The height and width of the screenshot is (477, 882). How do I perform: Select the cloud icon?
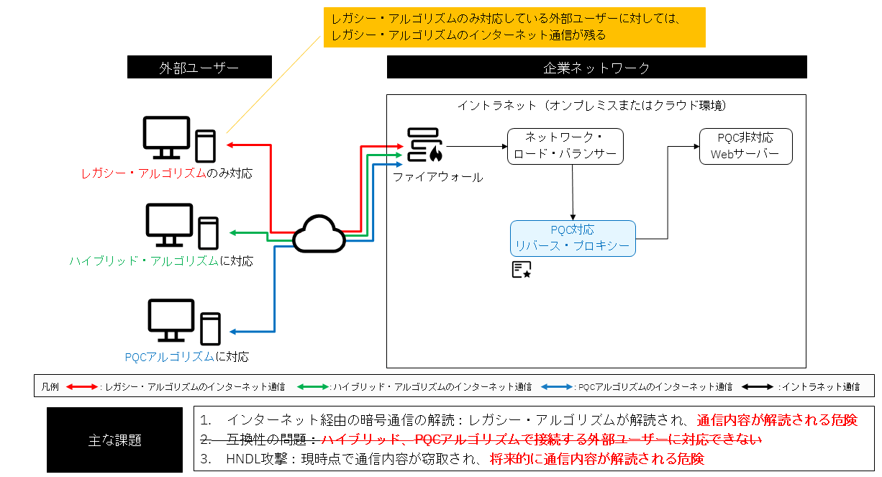tap(319, 234)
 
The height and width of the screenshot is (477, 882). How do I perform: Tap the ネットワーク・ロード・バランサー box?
tap(565, 146)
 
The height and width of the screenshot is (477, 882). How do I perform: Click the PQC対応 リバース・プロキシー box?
tap(573, 238)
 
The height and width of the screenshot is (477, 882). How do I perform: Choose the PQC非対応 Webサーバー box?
tap(745, 146)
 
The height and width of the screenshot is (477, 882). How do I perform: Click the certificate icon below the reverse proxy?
tap(522, 269)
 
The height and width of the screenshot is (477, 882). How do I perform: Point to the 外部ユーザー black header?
tap(199, 68)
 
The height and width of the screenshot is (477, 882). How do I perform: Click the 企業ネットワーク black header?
tap(596, 68)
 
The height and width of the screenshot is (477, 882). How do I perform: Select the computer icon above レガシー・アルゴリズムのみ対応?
tap(179, 139)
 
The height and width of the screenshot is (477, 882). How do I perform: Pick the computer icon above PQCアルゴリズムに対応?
tap(183, 321)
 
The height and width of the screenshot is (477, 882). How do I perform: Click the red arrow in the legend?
tap(82, 386)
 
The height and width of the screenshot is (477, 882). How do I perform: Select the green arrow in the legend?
tap(313, 386)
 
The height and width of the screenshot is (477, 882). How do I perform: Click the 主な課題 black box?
tap(115, 439)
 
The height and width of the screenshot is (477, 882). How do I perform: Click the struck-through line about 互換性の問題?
tap(480, 439)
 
